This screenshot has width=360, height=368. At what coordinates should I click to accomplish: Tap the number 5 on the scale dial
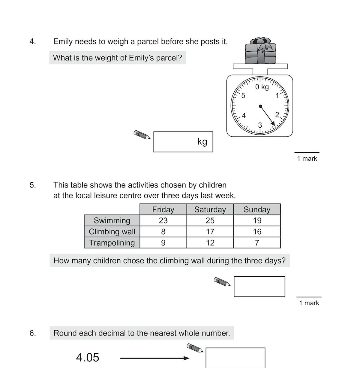[x=243, y=96]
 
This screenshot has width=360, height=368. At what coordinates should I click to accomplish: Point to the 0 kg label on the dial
[x=262, y=87]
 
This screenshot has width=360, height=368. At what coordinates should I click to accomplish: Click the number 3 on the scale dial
[x=260, y=125]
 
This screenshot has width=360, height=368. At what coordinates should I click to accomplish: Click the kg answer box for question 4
[x=183, y=142]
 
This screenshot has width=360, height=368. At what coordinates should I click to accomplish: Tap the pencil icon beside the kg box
[x=142, y=135]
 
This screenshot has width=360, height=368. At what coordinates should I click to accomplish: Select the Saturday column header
[x=210, y=209]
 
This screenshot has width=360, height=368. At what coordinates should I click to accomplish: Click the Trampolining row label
[x=112, y=243]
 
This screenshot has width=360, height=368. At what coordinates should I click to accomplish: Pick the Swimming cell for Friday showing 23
[x=163, y=220]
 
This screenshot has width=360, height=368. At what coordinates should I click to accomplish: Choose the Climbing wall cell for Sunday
[x=257, y=232]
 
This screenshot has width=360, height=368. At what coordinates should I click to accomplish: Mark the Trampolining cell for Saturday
[x=210, y=243]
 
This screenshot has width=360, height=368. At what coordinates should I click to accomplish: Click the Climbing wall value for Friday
[x=163, y=232]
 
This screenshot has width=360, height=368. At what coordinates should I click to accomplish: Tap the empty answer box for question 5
[x=259, y=287]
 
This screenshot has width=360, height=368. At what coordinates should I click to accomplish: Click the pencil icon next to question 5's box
[x=222, y=282]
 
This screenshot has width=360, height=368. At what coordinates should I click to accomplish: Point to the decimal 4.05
[x=88, y=357]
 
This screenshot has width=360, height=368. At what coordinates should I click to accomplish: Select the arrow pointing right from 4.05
[x=154, y=358]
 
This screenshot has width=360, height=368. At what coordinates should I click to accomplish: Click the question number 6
[x=33, y=333]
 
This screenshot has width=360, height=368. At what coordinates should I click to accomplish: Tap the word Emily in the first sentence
[x=63, y=41]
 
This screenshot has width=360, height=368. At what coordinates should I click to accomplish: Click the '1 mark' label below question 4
[x=307, y=159]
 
